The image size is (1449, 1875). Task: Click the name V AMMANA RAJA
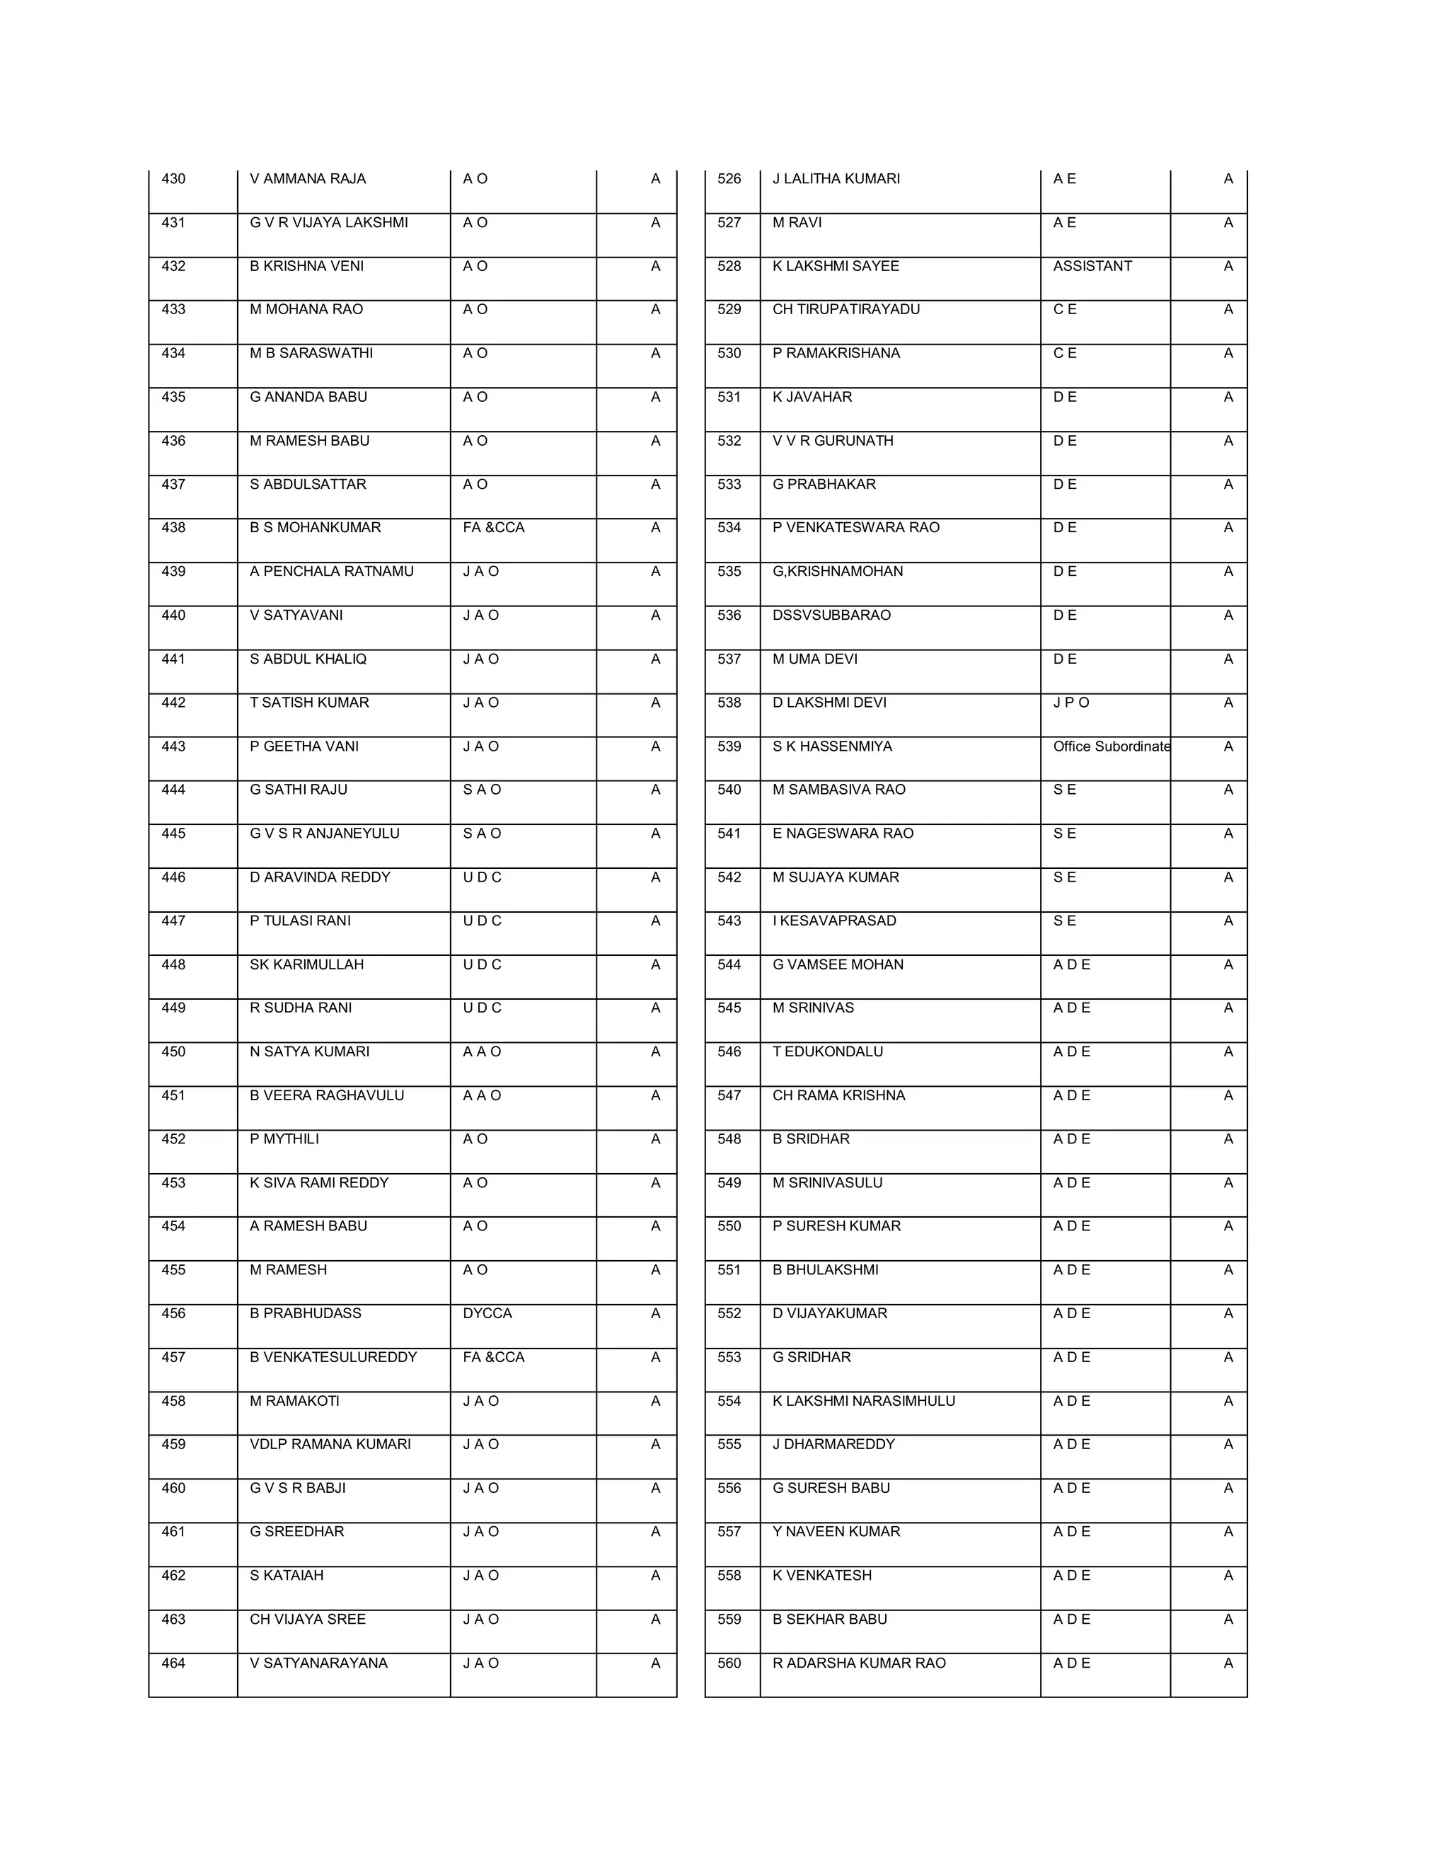click(x=307, y=178)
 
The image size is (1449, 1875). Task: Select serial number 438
click(x=173, y=527)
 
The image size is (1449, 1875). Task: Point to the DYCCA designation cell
click(x=487, y=1312)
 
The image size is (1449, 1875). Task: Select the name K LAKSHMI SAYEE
click(x=836, y=266)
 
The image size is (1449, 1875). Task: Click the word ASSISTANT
click(x=1092, y=266)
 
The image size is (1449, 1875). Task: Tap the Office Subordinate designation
click(x=1111, y=746)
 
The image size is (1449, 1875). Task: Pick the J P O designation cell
click(x=1070, y=703)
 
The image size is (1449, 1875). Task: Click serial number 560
click(x=729, y=1662)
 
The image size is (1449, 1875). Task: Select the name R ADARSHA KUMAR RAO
click(x=858, y=1662)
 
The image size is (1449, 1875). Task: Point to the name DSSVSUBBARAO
click(x=831, y=615)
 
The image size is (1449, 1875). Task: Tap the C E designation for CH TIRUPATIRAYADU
click(x=1064, y=309)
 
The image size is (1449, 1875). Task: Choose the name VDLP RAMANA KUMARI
click(x=330, y=1444)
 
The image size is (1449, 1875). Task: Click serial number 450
click(x=173, y=1051)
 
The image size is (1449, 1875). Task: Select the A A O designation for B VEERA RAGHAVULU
click(x=482, y=1095)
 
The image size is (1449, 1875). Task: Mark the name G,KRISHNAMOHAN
click(x=837, y=571)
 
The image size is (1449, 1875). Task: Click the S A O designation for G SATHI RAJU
click(x=482, y=789)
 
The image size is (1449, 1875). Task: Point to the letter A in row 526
click(x=1228, y=178)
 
